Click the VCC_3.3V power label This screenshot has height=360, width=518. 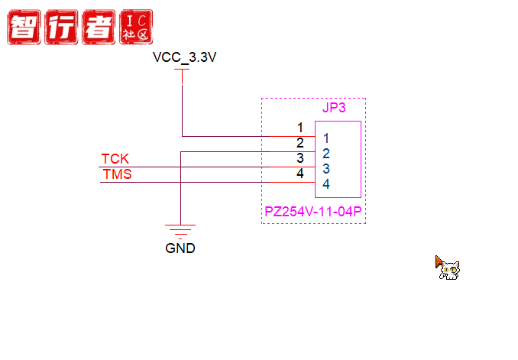(x=184, y=57)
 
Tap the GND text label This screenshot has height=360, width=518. (x=180, y=248)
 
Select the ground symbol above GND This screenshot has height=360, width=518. (x=180, y=229)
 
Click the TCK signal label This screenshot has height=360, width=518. (x=115, y=159)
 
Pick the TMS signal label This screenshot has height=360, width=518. (x=117, y=174)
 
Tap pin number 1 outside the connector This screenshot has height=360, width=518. (x=300, y=128)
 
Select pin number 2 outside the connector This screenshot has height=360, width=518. (x=300, y=143)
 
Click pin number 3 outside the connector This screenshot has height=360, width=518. (x=300, y=158)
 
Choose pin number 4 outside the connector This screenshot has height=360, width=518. (x=300, y=174)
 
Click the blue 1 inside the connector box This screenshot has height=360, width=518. (x=325, y=138)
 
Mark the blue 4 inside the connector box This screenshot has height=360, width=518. (x=325, y=184)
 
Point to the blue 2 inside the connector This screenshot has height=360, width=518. (x=325, y=154)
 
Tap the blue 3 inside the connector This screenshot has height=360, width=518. (x=325, y=169)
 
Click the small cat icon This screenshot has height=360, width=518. (x=449, y=270)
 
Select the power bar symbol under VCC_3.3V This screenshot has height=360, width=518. (x=182, y=70)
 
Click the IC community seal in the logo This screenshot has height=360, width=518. (x=137, y=28)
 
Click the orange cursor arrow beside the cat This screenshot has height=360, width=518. (x=439, y=261)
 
